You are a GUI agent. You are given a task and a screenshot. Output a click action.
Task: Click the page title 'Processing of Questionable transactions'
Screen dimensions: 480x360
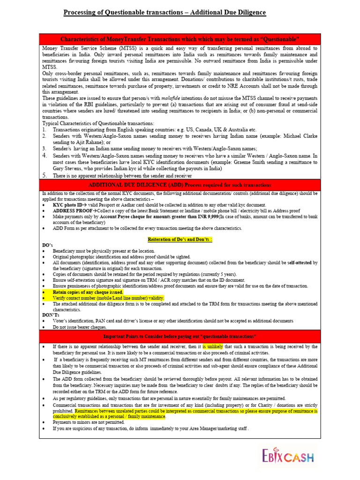165,12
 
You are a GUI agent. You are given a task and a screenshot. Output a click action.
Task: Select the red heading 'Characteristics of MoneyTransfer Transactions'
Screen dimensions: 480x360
180,39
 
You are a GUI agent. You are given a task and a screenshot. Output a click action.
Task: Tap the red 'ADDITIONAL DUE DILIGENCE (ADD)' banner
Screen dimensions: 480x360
180,184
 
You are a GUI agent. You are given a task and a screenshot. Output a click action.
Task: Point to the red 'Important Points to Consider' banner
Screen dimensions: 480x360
180,337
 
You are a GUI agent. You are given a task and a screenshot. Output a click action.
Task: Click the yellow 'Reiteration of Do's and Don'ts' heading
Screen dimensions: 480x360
180,240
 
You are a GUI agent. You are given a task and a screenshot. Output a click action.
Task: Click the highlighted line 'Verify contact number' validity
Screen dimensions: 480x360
108,298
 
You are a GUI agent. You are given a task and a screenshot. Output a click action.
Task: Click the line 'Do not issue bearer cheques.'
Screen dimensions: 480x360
80,327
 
